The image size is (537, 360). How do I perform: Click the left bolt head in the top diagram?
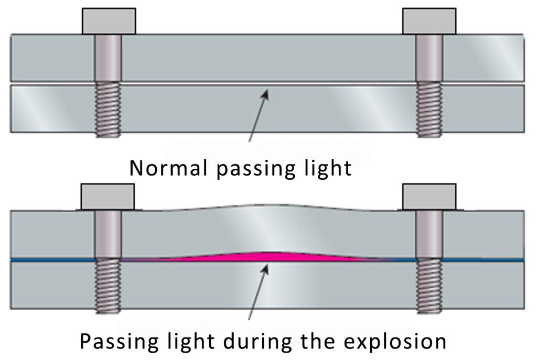[109, 21]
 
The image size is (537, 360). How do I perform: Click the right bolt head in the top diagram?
[429, 21]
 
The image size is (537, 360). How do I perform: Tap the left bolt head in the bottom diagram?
[108, 197]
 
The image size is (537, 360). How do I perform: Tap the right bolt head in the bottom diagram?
[429, 197]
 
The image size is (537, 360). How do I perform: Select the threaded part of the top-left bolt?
[108, 110]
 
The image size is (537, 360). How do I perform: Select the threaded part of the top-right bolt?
[429, 110]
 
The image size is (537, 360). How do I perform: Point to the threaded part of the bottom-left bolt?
[108, 286]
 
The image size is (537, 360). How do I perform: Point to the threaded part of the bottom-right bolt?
[429, 286]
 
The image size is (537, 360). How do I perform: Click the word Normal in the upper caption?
[168, 168]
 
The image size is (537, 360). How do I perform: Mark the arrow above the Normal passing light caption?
[259, 115]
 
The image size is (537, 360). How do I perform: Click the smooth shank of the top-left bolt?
[108, 58]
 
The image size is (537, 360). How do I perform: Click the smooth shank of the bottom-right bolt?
[429, 234]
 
